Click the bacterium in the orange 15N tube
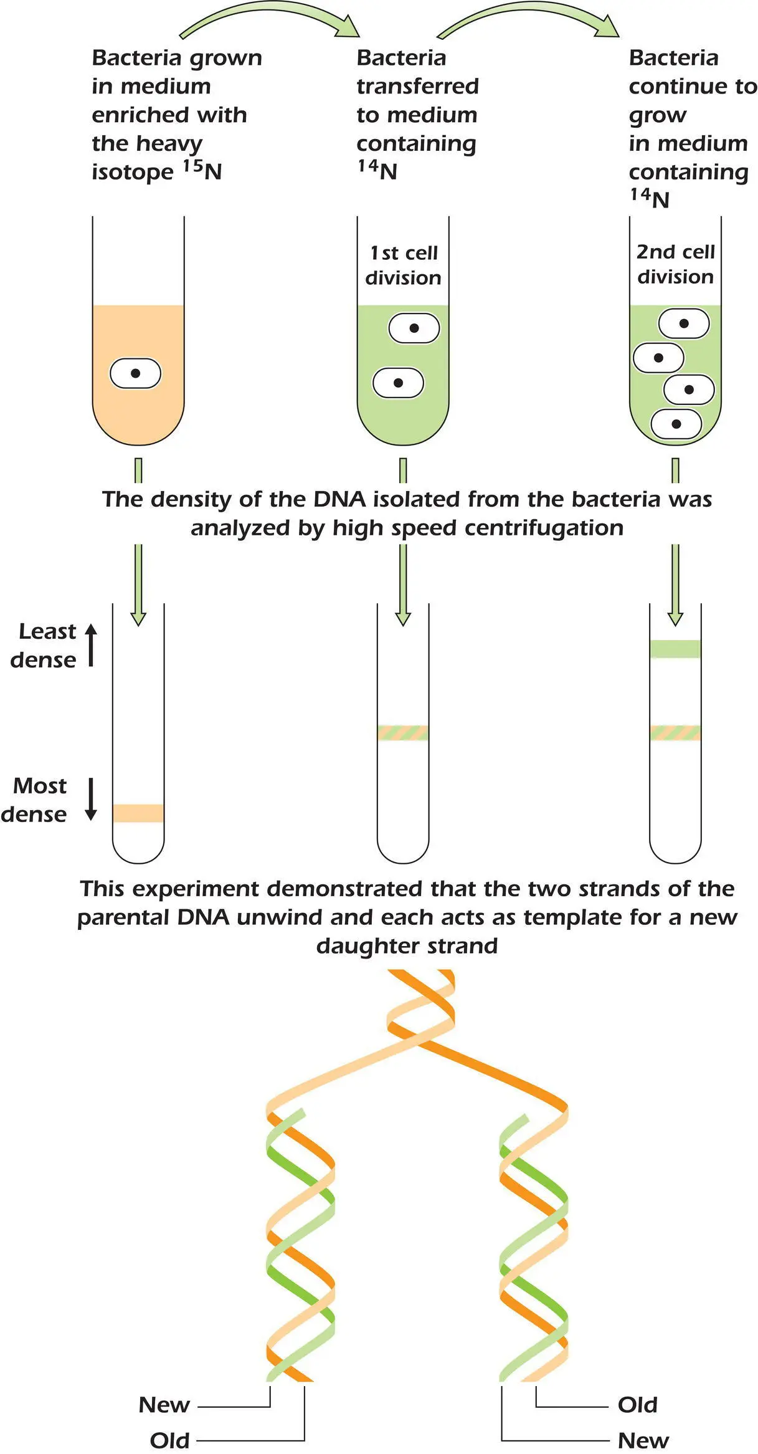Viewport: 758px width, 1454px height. coord(135,373)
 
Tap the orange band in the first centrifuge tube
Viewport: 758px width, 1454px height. coord(138,813)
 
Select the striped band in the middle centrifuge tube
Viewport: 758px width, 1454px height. coord(403,732)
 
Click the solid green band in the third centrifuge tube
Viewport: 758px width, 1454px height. coord(675,649)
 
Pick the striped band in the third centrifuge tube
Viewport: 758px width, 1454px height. coord(675,732)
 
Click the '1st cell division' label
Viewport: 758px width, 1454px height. coord(403,265)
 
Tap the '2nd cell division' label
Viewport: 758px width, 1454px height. coord(675,264)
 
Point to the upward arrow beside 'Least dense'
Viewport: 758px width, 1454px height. coord(91,644)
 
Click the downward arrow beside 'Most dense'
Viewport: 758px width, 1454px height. coord(91,800)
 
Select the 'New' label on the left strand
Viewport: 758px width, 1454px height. coord(164,1405)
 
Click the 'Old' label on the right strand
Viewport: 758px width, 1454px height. coord(637,1405)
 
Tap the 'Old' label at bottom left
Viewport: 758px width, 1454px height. coord(169,1440)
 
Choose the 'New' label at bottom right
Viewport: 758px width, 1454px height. coord(643,1440)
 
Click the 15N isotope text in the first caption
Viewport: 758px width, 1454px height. coord(202,170)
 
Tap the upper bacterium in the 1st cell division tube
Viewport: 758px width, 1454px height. coord(414,328)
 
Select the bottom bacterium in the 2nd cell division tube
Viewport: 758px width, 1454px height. coord(676,424)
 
